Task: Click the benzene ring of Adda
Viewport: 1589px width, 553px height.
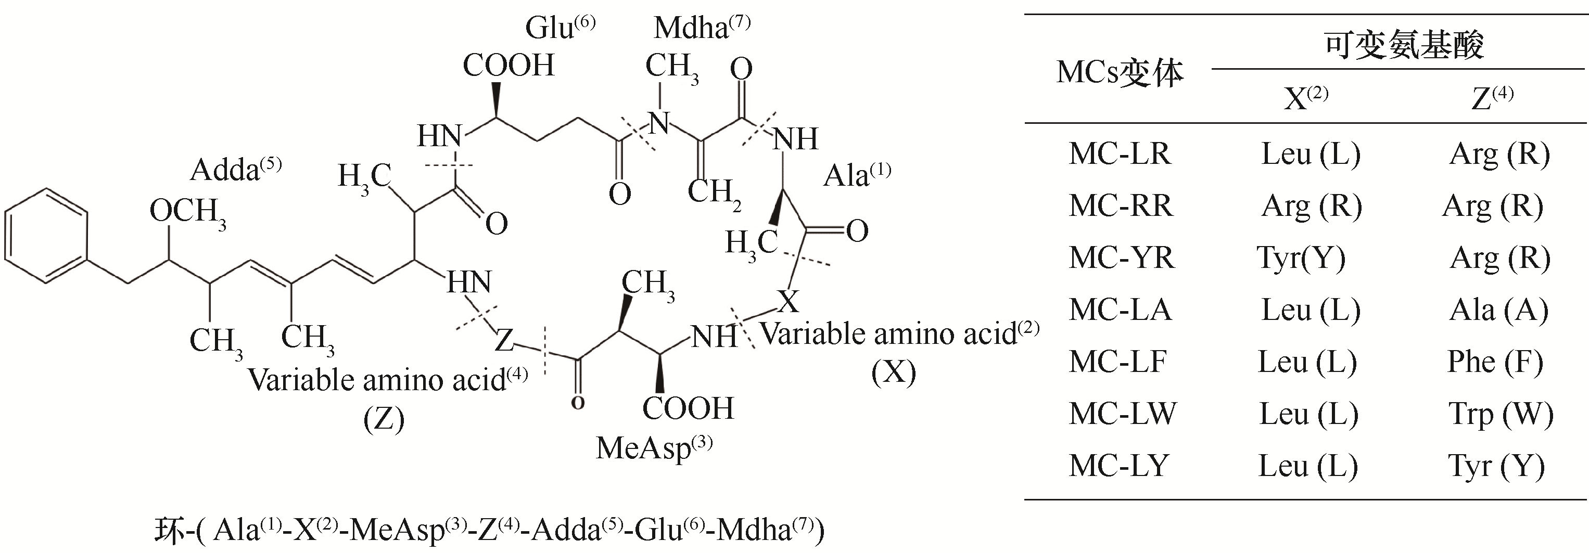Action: coord(46,236)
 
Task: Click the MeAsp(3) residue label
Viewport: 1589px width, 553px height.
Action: coord(653,448)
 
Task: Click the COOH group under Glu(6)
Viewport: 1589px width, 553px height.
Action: coord(509,66)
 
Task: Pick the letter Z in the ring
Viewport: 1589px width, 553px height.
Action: coord(504,340)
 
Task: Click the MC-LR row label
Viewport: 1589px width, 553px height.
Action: coord(1119,153)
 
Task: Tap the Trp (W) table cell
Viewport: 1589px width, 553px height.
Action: coord(1500,414)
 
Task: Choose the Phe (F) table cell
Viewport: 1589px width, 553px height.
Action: coord(1495,362)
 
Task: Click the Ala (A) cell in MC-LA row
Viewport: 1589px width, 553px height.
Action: coord(1498,310)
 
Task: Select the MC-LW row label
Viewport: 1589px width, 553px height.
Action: coord(1122,414)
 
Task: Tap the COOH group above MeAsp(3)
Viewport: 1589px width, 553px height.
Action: coord(688,409)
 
